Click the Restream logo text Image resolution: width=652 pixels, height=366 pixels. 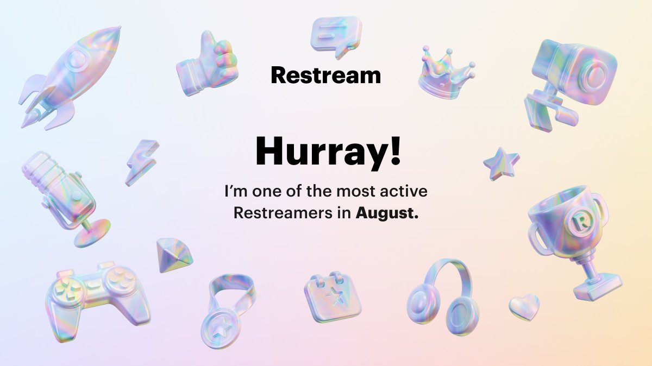[x=325, y=75]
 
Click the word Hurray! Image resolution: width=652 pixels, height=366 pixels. [x=328, y=152]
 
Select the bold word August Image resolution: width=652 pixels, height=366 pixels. [x=387, y=213]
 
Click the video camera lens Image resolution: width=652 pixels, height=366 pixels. [x=596, y=72]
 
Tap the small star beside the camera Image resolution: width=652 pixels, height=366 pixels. [x=501, y=163]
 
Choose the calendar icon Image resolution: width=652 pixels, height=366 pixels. [x=332, y=295]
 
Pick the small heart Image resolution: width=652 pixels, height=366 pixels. [x=524, y=307]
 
